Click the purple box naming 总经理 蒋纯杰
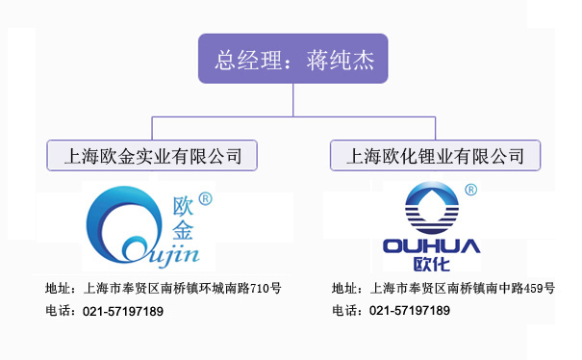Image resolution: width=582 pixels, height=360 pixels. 292,59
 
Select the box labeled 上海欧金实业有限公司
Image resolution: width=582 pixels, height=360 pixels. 152,155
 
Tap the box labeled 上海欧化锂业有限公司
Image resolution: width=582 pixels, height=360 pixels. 435,155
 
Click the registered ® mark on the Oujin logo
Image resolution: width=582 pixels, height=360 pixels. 205,198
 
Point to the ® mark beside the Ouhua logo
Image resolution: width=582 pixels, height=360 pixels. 470,190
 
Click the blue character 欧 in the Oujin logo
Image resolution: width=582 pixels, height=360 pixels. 183,206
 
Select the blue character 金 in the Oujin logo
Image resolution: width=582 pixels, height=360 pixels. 183,230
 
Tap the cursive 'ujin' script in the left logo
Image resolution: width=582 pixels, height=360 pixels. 174,256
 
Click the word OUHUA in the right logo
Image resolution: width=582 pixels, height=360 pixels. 431,246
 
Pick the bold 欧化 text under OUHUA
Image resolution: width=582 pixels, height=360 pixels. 431,264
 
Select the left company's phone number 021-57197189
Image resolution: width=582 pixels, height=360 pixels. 123,311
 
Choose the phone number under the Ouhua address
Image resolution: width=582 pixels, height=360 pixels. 410,310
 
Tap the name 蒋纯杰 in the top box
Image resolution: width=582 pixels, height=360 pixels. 340,61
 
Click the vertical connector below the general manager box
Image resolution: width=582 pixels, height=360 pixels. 292,100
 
